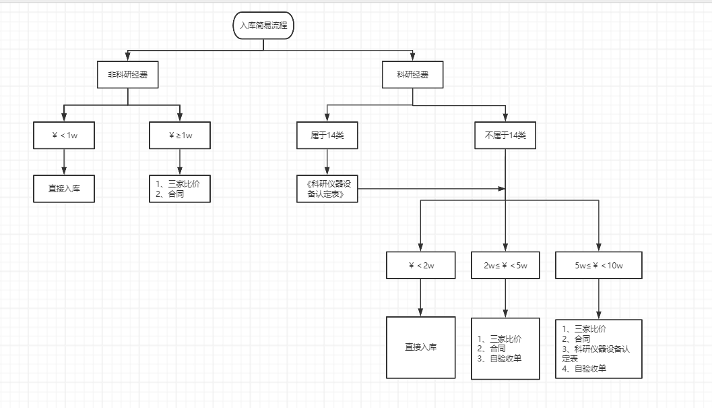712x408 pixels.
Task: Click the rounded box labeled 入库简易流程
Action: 263,26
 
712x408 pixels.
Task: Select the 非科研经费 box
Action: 128,75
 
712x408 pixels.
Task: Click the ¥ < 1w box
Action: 64,136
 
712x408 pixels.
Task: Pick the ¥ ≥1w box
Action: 180,136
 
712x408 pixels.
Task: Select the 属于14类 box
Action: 327,136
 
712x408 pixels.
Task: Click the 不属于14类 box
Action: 505,136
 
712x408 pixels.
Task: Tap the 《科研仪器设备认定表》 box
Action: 327,189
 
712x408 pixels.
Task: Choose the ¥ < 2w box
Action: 421,265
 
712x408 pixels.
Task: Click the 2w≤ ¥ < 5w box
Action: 505,265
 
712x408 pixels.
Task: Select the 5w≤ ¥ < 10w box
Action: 599,265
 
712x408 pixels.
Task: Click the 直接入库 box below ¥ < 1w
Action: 64,189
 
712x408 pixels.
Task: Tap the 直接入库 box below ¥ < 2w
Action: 421,347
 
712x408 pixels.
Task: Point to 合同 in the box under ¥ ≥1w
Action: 176,194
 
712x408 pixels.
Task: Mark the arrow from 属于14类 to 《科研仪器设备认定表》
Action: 327,162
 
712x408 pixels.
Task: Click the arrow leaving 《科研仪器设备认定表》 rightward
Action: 431,189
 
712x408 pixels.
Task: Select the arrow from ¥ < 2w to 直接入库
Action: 421,297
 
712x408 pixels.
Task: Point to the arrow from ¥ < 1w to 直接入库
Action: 64,162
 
